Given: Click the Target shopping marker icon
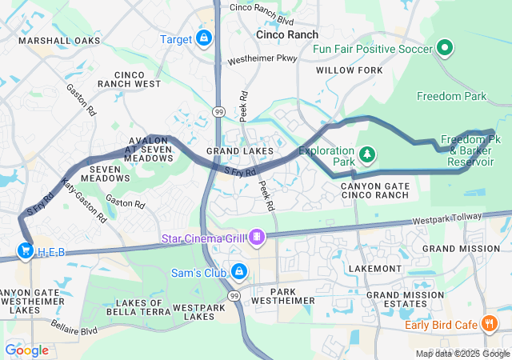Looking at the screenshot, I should [x=204, y=38].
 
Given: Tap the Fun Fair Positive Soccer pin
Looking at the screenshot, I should [x=444, y=48].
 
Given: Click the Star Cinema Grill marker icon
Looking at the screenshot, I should [x=257, y=236].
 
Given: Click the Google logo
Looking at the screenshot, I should [x=26, y=350].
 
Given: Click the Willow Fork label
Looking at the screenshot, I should [x=349, y=70].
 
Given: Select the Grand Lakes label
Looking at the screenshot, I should [x=240, y=150].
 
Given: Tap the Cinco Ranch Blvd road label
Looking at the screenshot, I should [x=262, y=8].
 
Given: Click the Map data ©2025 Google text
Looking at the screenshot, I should [x=462, y=354].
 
